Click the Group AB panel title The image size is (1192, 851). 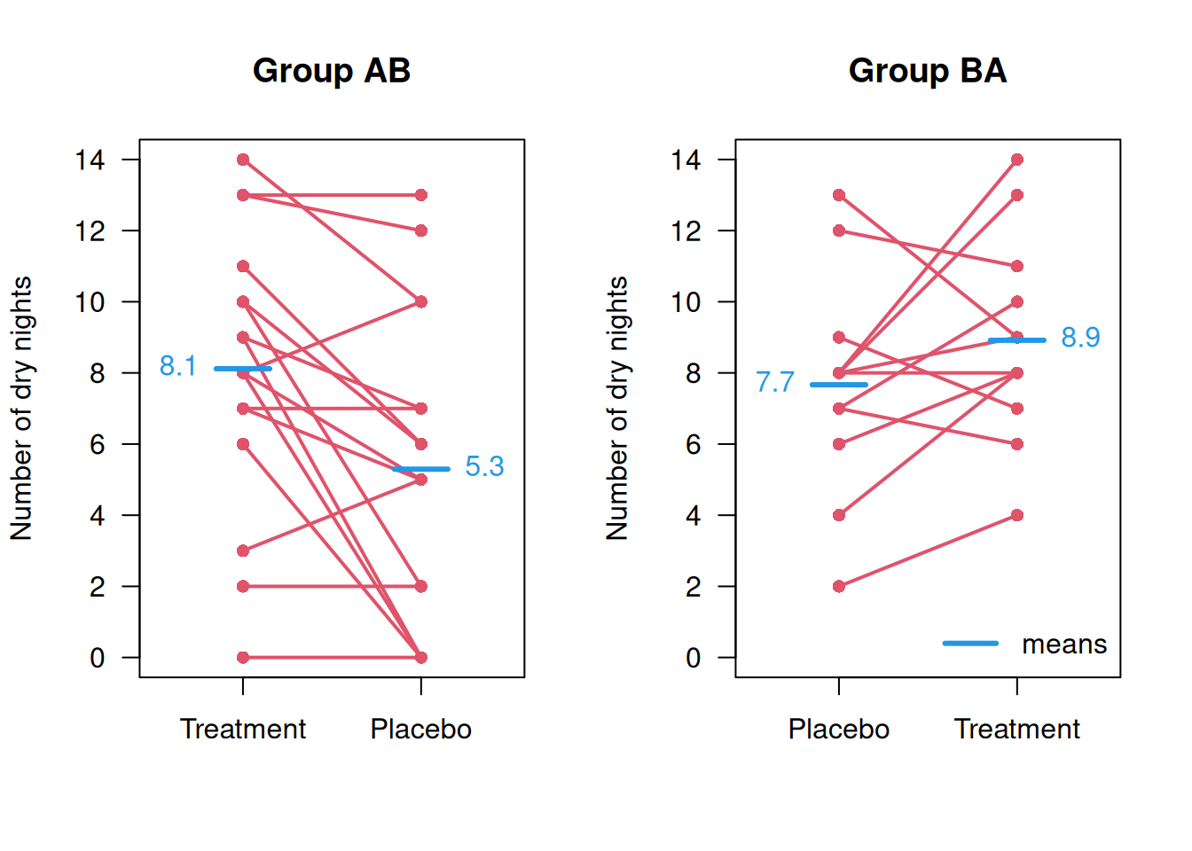[x=331, y=71]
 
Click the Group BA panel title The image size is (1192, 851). [x=927, y=71]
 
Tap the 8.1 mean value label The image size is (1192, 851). [x=177, y=366]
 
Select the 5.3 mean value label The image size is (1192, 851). [x=484, y=466]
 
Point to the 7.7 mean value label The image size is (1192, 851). [x=774, y=382]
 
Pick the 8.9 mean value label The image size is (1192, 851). [x=1080, y=338]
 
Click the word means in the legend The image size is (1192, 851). [x=1064, y=644]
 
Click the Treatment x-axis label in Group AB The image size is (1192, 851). [x=243, y=729]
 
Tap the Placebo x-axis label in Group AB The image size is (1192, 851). [x=420, y=729]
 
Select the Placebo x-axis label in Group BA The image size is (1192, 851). [x=838, y=729]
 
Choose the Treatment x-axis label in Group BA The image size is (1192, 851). [x=1016, y=729]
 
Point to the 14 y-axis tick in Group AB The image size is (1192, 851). [x=90, y=160]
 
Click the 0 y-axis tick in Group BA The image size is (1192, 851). [x=694, y=658]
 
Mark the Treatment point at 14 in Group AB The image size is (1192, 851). [x=243, y=160]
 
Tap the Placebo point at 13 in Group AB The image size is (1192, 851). [x=421, y=195]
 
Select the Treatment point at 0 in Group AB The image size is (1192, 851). [x=243, y=657]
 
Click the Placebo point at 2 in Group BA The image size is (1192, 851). [x=839, y=586]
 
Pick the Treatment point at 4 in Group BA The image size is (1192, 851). [x=1017, y=515]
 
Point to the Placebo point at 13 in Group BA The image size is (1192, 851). [x=839, y=195]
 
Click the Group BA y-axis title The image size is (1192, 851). [x=617, y=408]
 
